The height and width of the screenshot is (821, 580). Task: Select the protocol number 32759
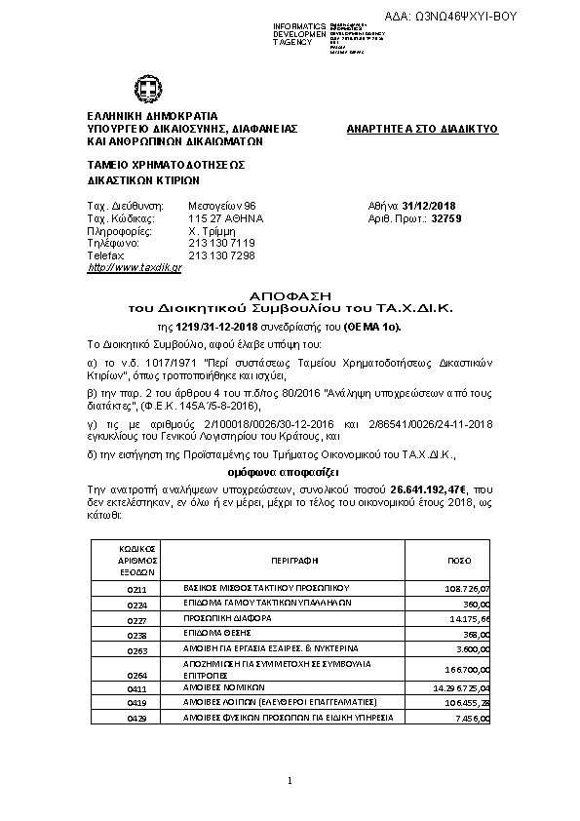tap(445, 219)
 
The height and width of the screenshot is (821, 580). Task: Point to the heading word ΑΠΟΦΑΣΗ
tap(291, 293)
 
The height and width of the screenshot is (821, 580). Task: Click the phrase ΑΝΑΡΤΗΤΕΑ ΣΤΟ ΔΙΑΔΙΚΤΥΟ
tap(422, 129)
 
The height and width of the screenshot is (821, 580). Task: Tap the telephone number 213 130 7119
tap(221, 243)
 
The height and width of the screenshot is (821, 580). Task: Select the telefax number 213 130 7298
tap(221, 254)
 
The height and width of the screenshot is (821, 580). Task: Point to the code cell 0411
tap(136, 688)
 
